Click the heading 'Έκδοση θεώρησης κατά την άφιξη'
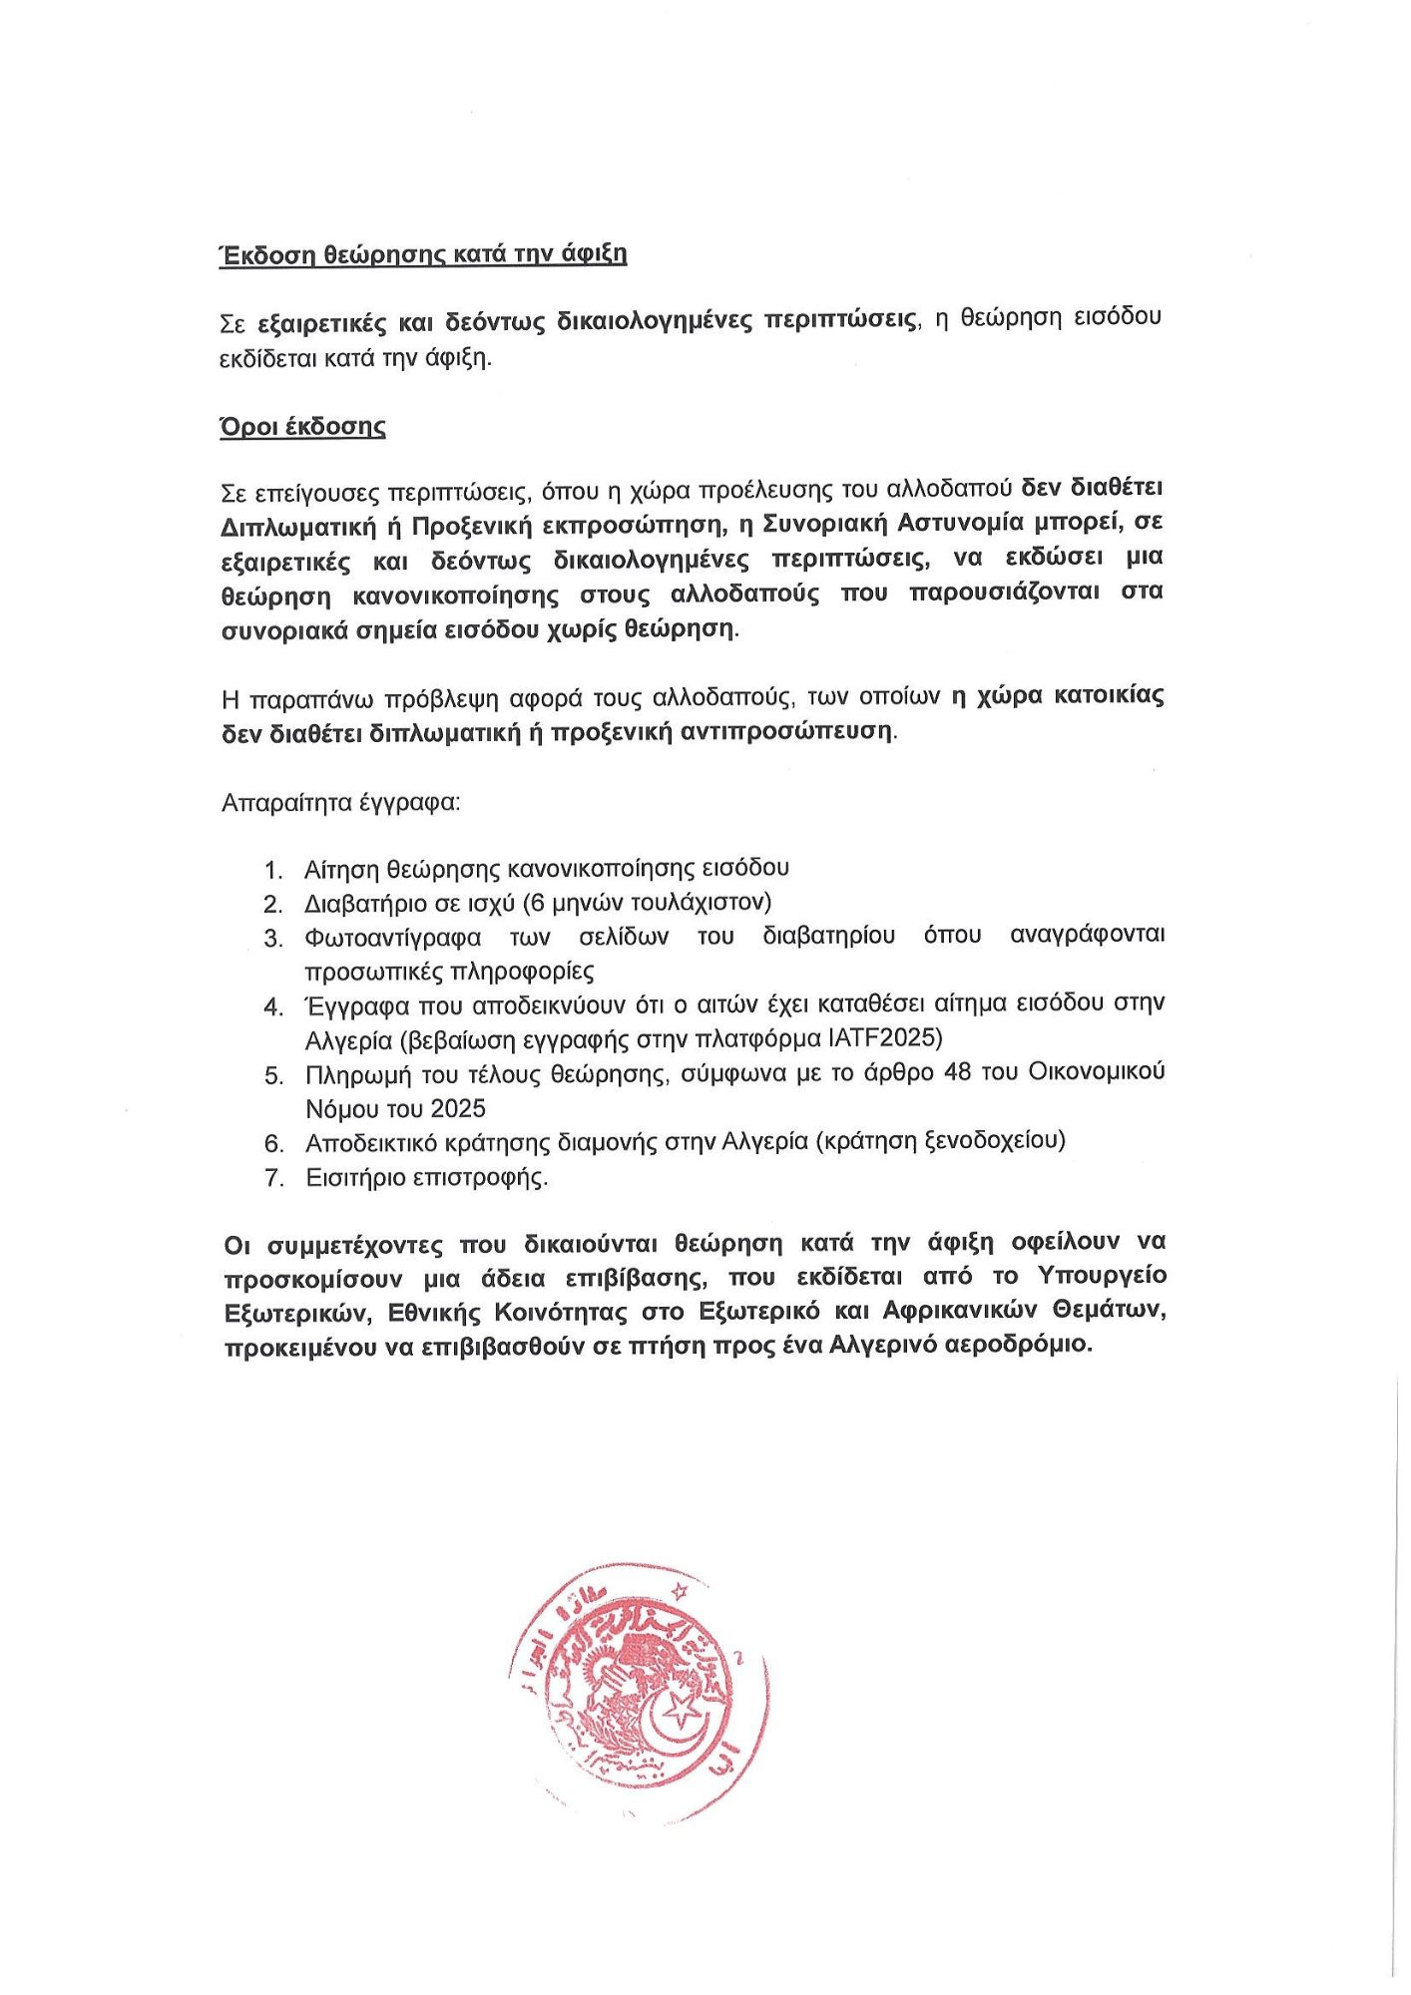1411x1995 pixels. pos(423,254)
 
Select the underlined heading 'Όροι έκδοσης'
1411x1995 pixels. pos(303,427)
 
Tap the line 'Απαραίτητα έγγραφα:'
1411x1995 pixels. pos(341,802)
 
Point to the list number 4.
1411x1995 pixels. pos(273,1007)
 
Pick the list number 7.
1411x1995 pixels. pos(273,1179)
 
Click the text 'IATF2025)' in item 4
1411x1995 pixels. pos(885,1038)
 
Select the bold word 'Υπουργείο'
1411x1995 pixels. pos(1102,1277)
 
